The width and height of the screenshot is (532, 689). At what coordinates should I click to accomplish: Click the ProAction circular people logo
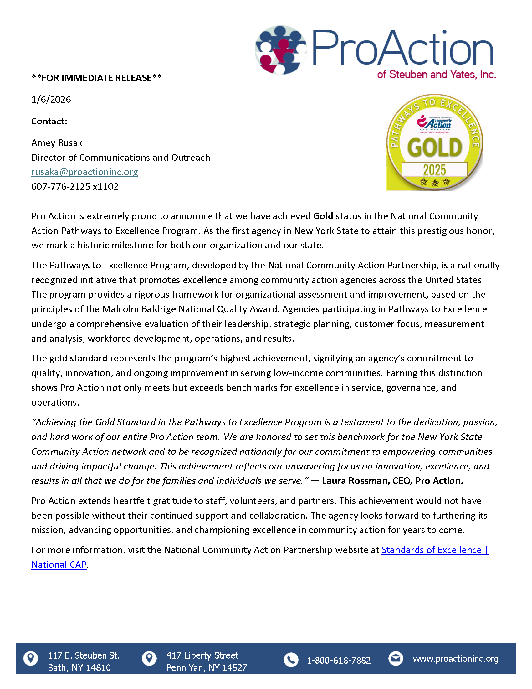tap(280, 50)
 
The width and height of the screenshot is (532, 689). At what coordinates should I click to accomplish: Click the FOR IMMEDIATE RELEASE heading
tap(96, 78)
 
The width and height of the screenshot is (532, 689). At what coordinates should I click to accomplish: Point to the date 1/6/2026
tap(51, 100)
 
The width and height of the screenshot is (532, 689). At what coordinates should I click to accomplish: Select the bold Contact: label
tap(49, 122)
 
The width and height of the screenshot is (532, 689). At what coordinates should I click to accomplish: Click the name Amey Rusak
tap(57, 143)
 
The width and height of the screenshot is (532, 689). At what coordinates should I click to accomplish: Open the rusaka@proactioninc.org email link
tap(84, 172)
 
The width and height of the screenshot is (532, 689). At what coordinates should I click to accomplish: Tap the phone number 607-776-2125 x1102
tap(75, 187)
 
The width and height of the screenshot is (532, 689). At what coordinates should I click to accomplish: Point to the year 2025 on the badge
tap(434, 170)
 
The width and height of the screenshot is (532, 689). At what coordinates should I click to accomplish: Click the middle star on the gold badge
tap(435, 183)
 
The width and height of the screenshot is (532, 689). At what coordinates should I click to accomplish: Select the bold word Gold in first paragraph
tap(323, 216)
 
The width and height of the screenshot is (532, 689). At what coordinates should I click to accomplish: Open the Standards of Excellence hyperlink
tap(435, 550)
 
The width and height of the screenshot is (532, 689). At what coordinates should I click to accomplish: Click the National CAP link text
tap(59, 565)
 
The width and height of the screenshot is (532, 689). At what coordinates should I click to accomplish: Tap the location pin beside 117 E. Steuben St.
tap(31, 658)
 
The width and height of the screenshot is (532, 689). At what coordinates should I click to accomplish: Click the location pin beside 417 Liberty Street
tap(149, 658)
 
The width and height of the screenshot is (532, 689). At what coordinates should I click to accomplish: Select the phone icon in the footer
tap(291, 660)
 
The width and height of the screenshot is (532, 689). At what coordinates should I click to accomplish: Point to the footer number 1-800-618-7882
tap(339, 660)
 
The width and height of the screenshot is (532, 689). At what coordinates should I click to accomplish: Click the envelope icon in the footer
tap(396, 658)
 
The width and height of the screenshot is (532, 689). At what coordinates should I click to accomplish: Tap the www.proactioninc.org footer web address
tap(456, 659)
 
